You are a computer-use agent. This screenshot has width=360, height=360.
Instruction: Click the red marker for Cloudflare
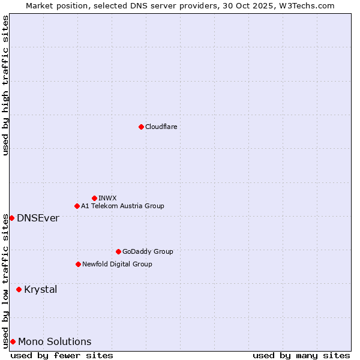[141, 127]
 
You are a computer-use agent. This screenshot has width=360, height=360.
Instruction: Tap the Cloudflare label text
[161, 127]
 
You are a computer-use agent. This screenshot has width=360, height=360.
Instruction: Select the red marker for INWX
[94, 198]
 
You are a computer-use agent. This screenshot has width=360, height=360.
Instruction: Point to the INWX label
[107, 198]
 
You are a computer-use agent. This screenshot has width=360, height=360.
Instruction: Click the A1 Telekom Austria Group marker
[77, 206]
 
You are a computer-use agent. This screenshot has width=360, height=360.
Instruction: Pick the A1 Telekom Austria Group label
[122, 206]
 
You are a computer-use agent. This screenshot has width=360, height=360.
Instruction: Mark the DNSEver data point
[11, 218]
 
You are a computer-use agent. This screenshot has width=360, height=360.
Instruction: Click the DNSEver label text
[38, 218]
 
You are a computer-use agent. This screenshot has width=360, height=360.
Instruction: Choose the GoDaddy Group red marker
[118, 251]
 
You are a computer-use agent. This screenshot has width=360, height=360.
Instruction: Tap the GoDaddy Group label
[148, 251]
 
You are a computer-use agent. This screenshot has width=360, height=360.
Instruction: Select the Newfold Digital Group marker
[78, 264]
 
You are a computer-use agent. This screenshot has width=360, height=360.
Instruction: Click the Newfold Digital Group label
[117, 264]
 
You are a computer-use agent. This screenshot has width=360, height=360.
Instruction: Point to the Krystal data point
[19, 289]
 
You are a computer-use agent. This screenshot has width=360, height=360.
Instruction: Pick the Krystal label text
[41, 289]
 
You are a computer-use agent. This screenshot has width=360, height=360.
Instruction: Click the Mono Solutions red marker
[13, 341]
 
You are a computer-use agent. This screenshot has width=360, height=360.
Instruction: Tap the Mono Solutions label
[55, 341]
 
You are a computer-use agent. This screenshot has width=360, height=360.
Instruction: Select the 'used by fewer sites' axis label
[62, 355]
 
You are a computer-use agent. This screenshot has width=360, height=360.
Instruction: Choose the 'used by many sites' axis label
[301, 355]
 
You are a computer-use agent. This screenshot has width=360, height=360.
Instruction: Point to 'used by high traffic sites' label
[5, 85]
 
